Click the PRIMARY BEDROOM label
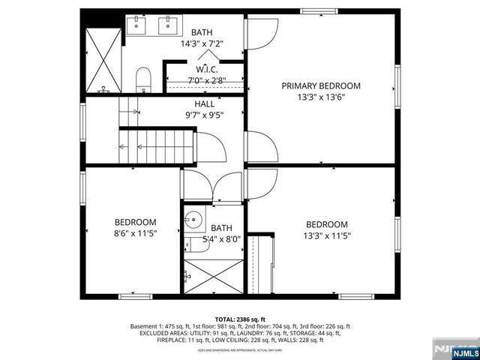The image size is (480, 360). pos(321,86)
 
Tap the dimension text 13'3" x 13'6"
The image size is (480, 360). pos(321,97)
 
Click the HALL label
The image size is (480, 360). pos(204,104)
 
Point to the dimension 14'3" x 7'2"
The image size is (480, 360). pos(201,44)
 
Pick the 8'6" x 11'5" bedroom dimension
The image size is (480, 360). pos(135,233)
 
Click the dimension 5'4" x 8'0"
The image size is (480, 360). pos(221,239)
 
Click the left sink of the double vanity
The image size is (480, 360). pos(136,26)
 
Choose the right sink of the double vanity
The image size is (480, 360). pos(167,26)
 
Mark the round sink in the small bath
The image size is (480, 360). pos(193,221)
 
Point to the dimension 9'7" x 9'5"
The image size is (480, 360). pos(204,115)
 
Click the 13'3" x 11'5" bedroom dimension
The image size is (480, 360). pos(326,235)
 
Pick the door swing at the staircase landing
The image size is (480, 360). pos(210,146)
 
